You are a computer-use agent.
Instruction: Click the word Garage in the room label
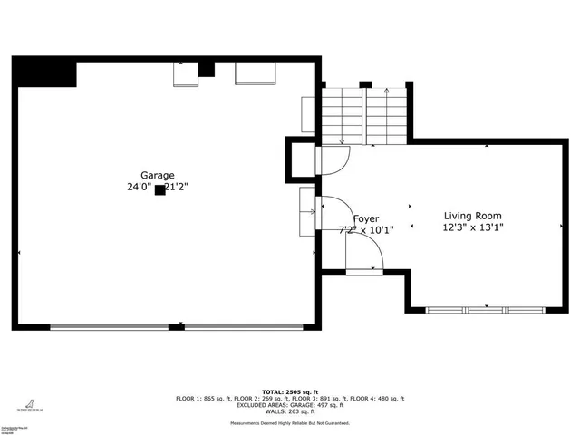157,176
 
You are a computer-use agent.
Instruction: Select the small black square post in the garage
159,189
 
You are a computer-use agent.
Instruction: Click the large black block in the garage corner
44,73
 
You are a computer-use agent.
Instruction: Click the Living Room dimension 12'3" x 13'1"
472,227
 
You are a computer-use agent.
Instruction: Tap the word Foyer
366,218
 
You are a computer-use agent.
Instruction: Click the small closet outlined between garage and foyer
301,159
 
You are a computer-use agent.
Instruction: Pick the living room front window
485,310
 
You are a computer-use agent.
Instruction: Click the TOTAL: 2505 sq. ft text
290,391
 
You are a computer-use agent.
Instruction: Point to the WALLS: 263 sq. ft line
290,412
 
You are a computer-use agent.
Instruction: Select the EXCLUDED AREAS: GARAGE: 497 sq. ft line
290,405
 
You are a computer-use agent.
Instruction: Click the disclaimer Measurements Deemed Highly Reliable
290,422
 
